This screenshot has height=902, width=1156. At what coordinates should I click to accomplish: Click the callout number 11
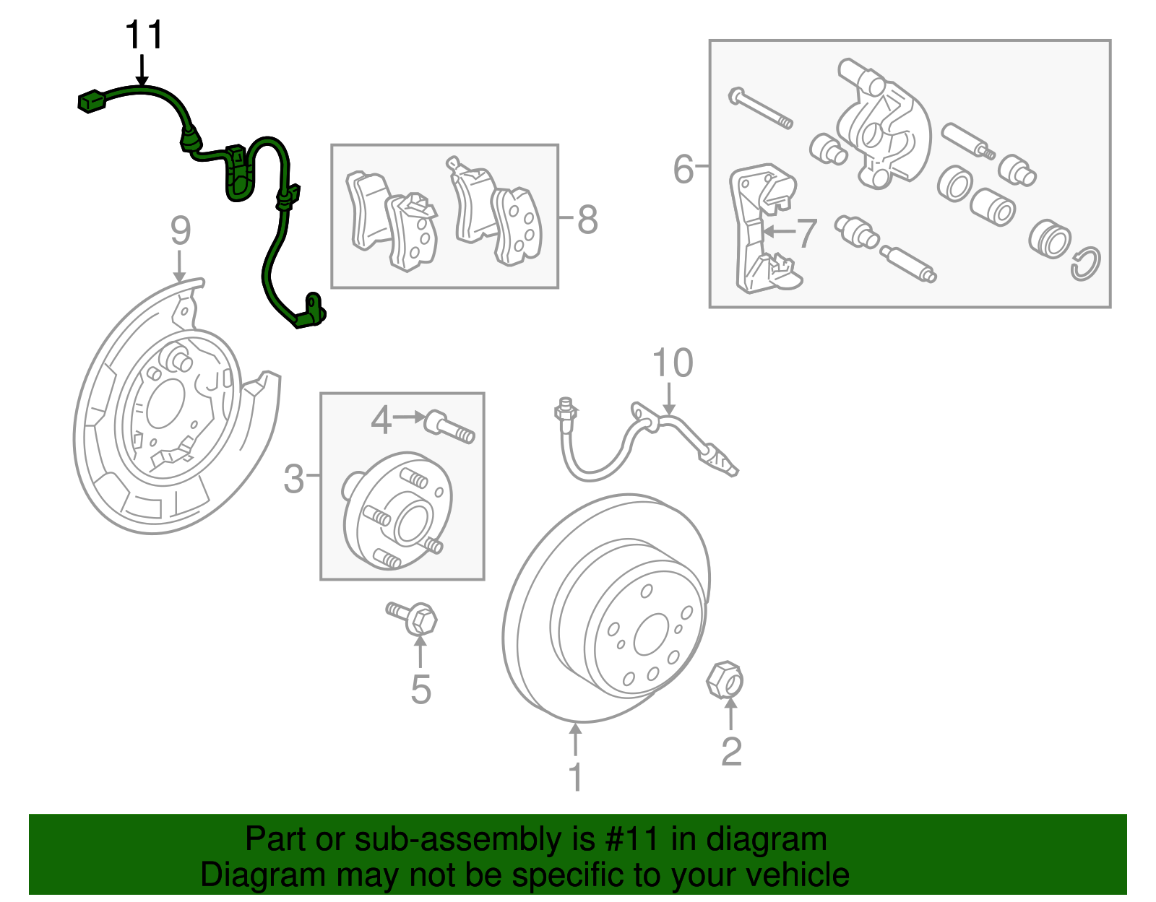point(144,35)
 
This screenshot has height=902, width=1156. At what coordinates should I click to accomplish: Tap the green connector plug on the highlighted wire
point(92,101)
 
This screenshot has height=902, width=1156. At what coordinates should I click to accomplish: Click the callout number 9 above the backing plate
point(181,231)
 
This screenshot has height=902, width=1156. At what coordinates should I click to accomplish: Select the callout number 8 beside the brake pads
point(587,220)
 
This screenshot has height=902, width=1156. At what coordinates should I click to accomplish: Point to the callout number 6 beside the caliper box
point(683,169)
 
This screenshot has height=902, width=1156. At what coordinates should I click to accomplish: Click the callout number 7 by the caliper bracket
point(806,233)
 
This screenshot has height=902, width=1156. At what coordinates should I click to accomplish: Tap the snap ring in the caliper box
point(1085,264)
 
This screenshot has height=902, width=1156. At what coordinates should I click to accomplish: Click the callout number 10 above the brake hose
point(672,363)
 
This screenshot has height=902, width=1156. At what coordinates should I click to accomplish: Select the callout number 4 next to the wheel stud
point(381,420)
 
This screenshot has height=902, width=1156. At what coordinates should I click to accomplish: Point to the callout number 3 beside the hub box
point(293,480)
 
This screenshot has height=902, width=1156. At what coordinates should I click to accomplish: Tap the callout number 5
point(420,689)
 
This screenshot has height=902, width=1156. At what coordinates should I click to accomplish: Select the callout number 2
point(731,752)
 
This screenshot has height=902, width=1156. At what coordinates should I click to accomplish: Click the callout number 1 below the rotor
point(575,778)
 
